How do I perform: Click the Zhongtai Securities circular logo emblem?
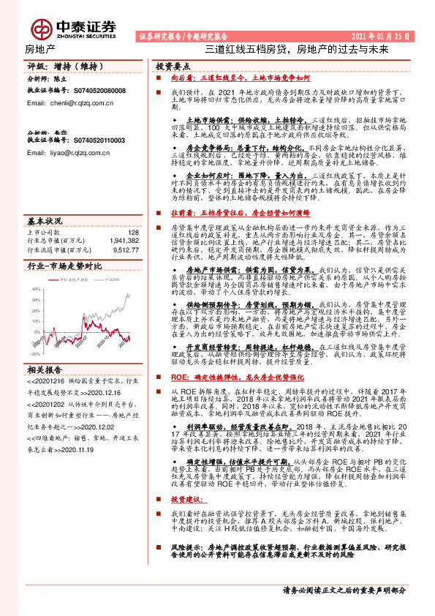point(41,26)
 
